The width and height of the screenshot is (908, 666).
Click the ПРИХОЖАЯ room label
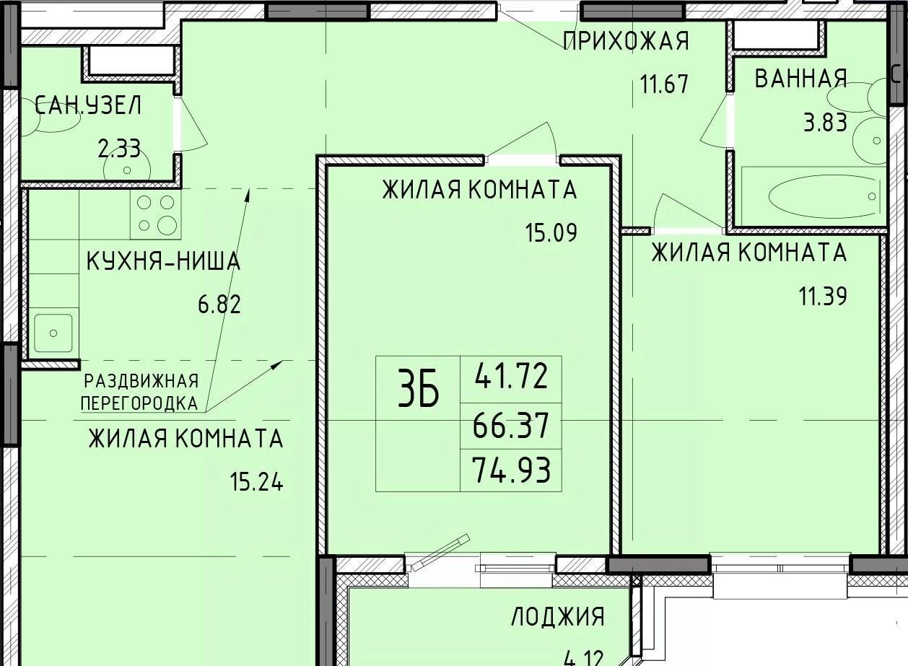(x=627, y=41)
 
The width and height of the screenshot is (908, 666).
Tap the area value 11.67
(x=664, y=84)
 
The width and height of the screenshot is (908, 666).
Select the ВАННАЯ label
(x=800, y=78)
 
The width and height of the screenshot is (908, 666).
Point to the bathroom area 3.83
(x=825, y=123)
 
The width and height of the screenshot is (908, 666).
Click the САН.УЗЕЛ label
(x=88, y=105)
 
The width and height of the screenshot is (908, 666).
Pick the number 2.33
(x=119, y=149)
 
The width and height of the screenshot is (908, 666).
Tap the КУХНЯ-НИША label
(x=163, y=260)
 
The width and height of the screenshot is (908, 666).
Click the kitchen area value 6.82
(x=219, y=304)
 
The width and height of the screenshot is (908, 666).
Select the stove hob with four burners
(x=156, y=214)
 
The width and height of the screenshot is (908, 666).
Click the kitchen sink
(x=53, y=333)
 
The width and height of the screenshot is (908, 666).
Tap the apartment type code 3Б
(x=419, y=390)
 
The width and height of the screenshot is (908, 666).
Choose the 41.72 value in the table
(x=511, y=376)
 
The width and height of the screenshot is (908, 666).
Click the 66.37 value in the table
(x=511, y=425)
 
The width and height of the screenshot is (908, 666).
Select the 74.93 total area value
(x=511, y=470)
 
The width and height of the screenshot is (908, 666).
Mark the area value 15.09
(x=551, y=232)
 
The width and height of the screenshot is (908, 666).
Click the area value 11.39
(x=823, y=296)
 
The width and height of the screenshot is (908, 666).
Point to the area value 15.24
(x=256, y=482)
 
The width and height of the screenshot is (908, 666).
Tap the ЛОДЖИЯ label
(x=558, y=617)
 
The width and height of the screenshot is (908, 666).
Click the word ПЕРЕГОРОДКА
(x=139, y=403)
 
